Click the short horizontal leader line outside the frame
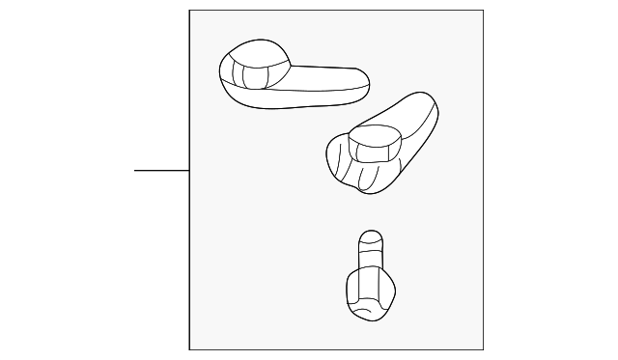coord(161,170)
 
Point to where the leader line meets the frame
coord(189,170)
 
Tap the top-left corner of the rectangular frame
coord(189,11)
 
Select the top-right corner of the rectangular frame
coord(483,11)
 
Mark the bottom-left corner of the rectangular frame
coord(189,349)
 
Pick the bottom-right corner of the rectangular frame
coord(483,349)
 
